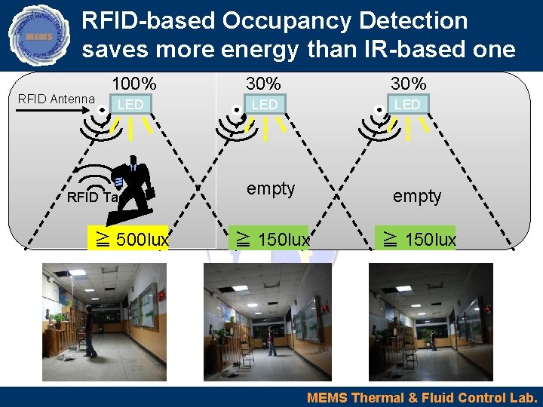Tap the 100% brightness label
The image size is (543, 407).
point(133,83)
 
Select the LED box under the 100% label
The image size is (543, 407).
point(130,104)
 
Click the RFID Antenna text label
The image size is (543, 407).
point(56,99)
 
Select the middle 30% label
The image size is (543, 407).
point(263,83)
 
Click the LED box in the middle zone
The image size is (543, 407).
point(265,104)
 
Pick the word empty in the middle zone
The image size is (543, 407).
point(271,188)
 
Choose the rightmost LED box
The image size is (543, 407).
point(407,104)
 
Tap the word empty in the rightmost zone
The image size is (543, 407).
point(416,197)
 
